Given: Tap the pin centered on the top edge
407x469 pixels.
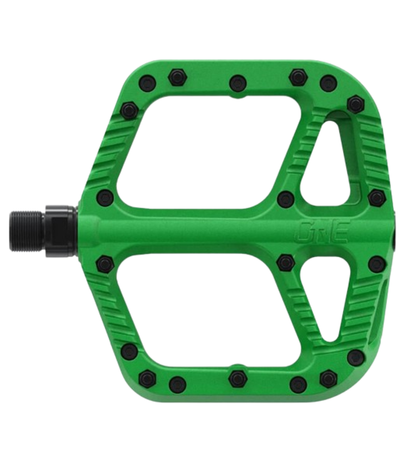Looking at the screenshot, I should (x=236, y=80).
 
